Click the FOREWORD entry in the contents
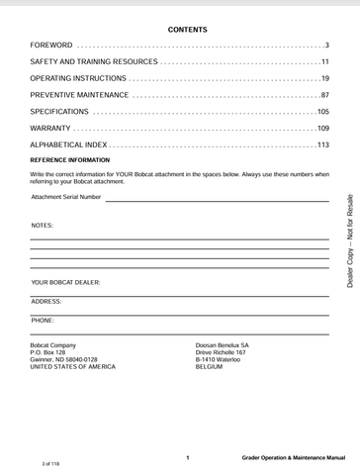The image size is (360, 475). pyautogui.click(x=51, y=47)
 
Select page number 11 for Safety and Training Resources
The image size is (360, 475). pyautogui.click(x=324, y=62)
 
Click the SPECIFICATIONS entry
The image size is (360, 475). pyautogui.click(x=60, y=112)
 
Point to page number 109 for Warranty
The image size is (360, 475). pyautogui.click(x=322, y=129)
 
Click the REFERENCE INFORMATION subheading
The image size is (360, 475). pyautogui.click(x=70, y=159)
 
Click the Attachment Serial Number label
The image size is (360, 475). pyautogui.click(x=66, y=197)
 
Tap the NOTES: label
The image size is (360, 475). pyautogui.click(x=43, y=226)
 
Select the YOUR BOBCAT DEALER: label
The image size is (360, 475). pyautogui.click(x=65, y=283)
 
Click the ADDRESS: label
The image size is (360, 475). pyautogui.click(x=46, y=300)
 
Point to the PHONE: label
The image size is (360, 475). pyautogui.click(x=43, y=321)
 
